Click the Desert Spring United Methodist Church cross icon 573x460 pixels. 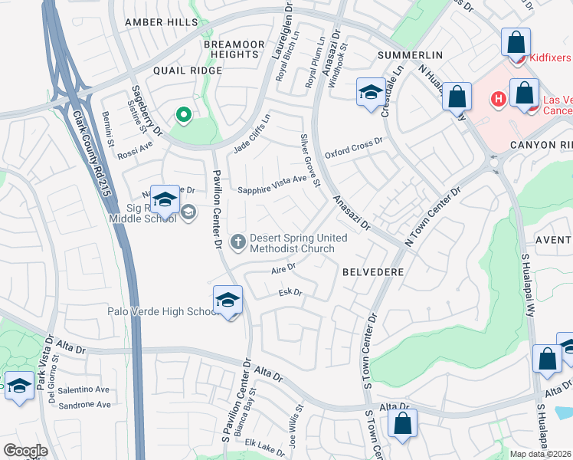[x=238, y=242]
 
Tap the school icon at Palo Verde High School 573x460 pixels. [x=228, y=301]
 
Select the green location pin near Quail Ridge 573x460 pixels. [x=183, y=116]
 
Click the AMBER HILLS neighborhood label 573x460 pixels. [x=161, y=22]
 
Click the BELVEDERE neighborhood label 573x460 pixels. [x=372, y=272]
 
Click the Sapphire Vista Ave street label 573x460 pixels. [x=277, y=186]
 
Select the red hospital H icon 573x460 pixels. [x=497, y=99]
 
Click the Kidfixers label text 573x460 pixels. [x=549, y=58]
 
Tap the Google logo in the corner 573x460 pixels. [x=25, y=450]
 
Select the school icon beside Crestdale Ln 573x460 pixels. [x=370, y=94]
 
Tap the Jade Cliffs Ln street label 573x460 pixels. [x=252, y=133]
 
